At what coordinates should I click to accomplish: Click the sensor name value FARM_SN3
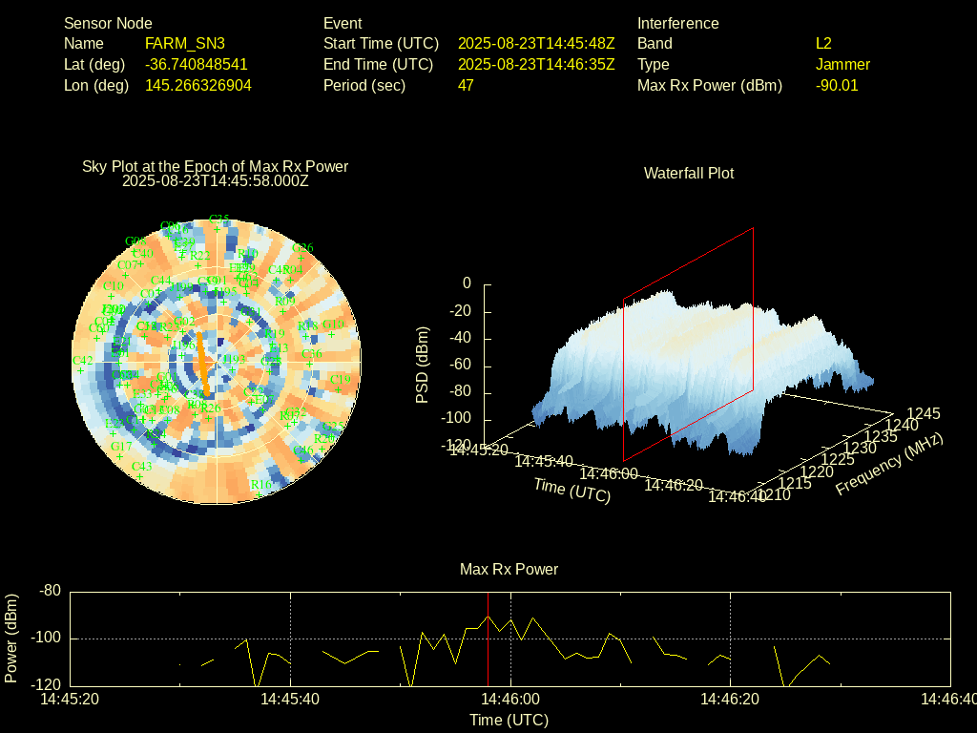pyautogui.click(x=185, y=43)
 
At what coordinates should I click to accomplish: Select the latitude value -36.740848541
pyautogui.click(x=197, y=64)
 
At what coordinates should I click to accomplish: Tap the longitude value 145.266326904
pyautogui.click(x=198, y=85)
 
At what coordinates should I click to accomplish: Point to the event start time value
pyautogui.click(x=536, y=43)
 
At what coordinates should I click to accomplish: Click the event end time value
pyautogui.click(x=536, y=64)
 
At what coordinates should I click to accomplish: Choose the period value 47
pyautogui.click(x=466, y=85)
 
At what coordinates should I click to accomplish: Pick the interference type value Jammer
pyautogui.click(x=842, y=64)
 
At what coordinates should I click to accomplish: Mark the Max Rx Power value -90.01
pyautogui.click(x=837, y=85)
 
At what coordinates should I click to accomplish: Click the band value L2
pyautogui.click(x=823, y=43)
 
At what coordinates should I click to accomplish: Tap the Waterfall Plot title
pyautogui.click(x=689, y=173)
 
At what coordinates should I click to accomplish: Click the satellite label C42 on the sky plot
pyautogui.click(x=83, y=361)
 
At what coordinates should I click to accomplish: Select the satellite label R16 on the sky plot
pyautogui.click(x=260, y=485)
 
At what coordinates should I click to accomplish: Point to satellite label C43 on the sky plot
pyautogui.click(x=141, y=467)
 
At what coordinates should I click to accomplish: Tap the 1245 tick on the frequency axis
pyautogui.click(x=923, y=413)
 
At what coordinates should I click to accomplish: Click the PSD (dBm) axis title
pyautogui.click(x=423, y=365)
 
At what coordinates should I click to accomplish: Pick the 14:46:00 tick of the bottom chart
pyautogui.click(x=510, y=699)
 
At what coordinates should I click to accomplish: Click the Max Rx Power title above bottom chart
pyautogui.click(x=509, y=569)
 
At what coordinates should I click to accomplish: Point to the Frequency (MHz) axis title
pyautogui.click(x=889, y=463)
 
